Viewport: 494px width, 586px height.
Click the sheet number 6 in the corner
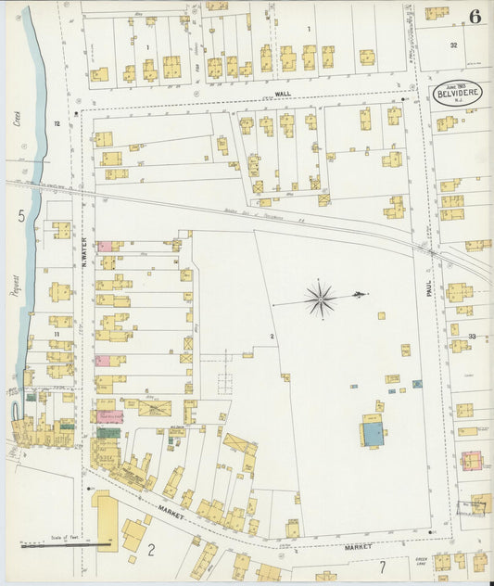475,15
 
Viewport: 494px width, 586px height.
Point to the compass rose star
322,298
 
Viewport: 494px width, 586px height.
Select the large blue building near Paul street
373,433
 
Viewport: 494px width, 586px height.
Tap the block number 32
453,45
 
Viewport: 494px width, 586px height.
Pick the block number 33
472,336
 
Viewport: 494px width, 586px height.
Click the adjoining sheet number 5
20,217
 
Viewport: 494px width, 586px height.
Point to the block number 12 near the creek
57,123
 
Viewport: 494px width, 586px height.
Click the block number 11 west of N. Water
57,332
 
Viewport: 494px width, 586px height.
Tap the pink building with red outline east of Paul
472,461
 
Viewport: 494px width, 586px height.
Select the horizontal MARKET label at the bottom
357,547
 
